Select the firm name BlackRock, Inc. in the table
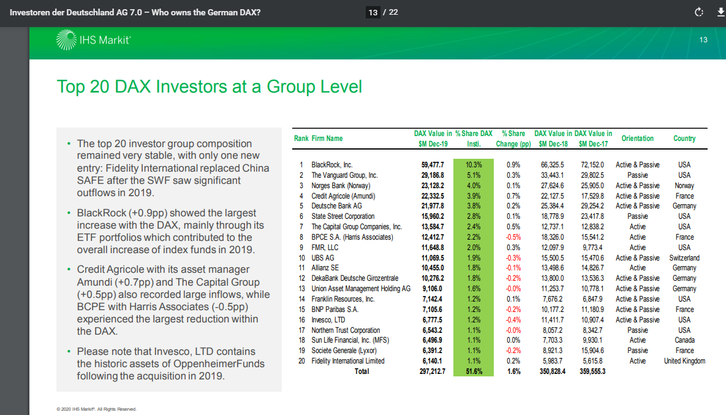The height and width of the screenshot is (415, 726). (x=332, y=165)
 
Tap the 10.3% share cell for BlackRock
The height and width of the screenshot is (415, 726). (x=474, y=165)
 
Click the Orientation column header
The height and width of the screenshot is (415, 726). (x=637, y=139)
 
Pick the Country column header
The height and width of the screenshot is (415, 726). (x=684, y=139)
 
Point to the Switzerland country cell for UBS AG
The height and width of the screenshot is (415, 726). (x=684, y=258)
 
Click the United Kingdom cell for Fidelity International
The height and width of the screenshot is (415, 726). (x=684, y=361)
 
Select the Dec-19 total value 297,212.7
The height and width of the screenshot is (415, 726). (x=432, y=371)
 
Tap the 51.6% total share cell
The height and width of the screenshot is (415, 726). (x=474, y=371)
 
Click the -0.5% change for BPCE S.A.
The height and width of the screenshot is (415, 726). (x=513, y=237)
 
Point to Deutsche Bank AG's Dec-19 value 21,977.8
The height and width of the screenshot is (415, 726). (x=433, y=206)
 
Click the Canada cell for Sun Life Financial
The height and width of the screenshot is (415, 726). (x=684, y=340)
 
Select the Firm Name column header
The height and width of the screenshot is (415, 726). (x=327, y=139)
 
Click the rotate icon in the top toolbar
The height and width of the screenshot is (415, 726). (x=698, y=12)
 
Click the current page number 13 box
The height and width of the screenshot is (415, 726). (x=372, y=12)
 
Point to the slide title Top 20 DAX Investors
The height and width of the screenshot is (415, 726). (x=209, y=86)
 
